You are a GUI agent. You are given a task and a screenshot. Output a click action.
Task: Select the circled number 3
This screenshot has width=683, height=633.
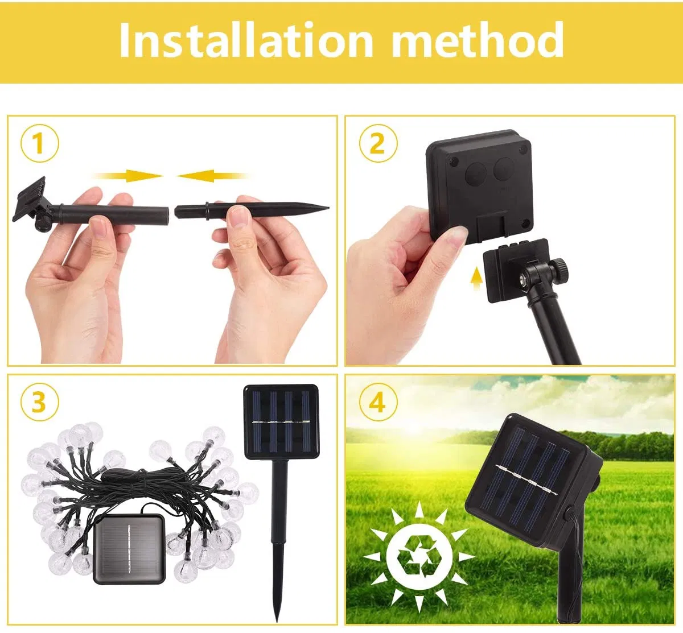(39, 402)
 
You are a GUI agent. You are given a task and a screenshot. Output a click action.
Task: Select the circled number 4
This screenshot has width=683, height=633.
(377, 402)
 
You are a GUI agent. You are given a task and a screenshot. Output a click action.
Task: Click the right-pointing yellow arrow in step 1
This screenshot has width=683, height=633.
(130, 175)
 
